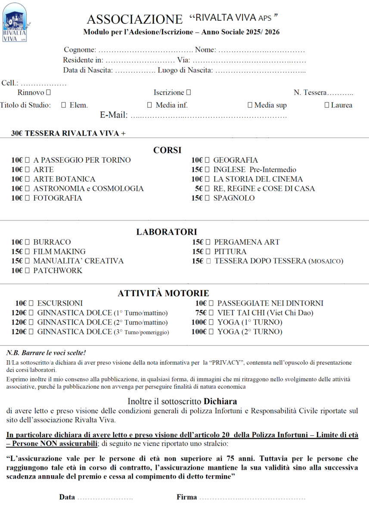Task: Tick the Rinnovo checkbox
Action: click(48, 93)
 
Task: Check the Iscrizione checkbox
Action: click(189, 93)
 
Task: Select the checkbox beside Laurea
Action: click(327, 105)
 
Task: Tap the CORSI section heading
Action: click(167, 150)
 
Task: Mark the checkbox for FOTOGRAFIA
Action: click(28, 198)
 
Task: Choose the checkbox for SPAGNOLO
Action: click(208, 198)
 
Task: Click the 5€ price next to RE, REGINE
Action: click(199, 189)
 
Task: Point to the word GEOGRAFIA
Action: click(236, 160)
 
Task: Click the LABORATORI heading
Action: click(167, 232)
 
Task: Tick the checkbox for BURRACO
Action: click(28, 242)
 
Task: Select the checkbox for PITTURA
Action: click(208, 252)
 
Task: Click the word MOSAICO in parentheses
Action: click(326, 261)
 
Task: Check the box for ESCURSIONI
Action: click(31, 303)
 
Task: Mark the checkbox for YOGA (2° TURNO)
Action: click(211, 332)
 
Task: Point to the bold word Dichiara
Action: click(220, 402)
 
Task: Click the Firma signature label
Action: click(186, 497)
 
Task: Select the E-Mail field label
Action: click(114, 115)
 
